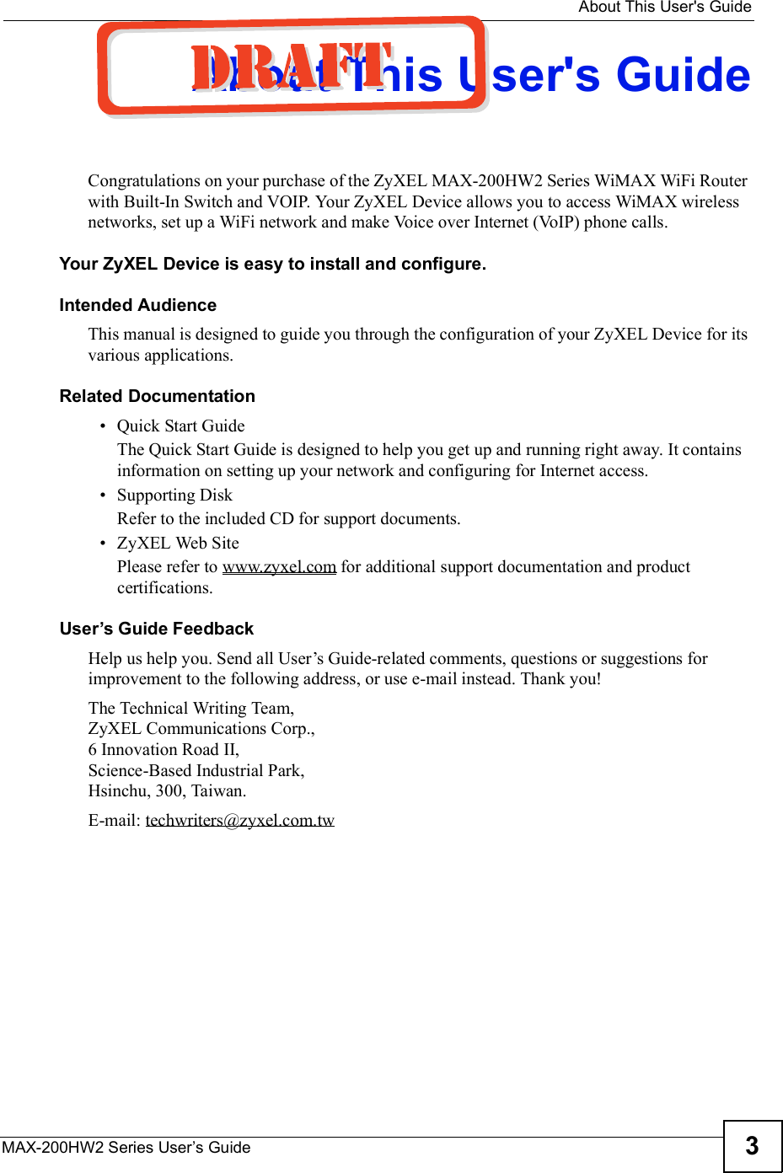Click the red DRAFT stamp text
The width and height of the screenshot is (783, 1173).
[x=291, y=67]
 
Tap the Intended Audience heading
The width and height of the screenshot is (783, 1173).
[x=138, y=305]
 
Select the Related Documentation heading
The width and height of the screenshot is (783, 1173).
[x=158, y=396]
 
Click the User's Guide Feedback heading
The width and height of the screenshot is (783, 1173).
[x=157, y=629]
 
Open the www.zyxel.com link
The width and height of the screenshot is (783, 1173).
[x=279, y=567]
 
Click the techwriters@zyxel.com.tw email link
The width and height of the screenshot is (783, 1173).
[x=240, y=820]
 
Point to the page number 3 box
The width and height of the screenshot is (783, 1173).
[x=752, y=1146]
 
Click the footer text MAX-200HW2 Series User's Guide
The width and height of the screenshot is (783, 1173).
[x=126, y=1148]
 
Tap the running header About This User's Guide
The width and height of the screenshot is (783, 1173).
[x=664, y=8]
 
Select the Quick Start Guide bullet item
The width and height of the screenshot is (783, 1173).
[x=181, y=426]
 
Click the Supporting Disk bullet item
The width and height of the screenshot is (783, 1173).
[x=174, y=495]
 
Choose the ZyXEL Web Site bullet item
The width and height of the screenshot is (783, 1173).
[x=178, y=544]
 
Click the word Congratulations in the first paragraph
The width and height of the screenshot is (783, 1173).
[x=144, y=181]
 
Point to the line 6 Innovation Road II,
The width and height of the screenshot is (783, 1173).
[x=164, y=750]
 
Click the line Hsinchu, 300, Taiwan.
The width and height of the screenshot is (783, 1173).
[x=168, y=791]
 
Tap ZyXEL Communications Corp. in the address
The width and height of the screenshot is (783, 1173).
[x=201, y=729]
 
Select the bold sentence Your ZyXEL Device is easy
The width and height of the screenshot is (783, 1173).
[x=272, y=264]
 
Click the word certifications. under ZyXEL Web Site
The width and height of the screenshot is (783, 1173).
[x=165, y=588]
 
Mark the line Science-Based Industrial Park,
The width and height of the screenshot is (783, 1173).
[x=196, y=770]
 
